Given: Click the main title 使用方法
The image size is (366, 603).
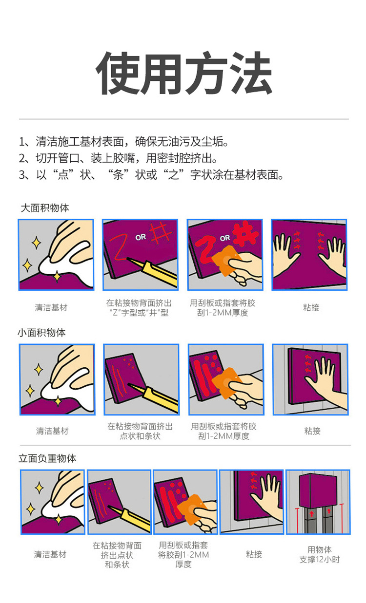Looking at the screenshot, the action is [183, 73].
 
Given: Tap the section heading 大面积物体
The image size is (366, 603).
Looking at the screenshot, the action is [45, 208].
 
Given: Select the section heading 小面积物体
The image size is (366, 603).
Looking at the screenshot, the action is [42, 333].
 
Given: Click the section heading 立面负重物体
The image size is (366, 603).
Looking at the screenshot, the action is [47, 458].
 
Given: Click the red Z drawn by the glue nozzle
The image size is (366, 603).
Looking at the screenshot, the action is [118, 247].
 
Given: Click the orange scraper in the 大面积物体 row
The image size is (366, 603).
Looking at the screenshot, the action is [226, 261].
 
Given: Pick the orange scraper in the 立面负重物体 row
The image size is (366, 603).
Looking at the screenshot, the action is [192, 509].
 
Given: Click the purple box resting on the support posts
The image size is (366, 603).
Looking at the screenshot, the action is [318, 491].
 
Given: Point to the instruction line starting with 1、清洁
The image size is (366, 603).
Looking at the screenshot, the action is [124, 141].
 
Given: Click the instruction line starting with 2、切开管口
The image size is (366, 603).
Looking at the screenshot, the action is [118, 158].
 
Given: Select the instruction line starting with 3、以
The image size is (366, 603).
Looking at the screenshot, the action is [151, 175].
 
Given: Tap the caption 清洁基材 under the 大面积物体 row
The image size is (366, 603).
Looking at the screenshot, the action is [51, 307].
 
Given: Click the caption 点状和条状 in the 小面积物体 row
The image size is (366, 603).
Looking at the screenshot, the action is [140, 436].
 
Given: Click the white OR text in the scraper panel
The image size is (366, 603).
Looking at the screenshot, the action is [225, 238].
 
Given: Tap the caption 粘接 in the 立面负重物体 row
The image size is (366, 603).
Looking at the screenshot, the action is [254, 554].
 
